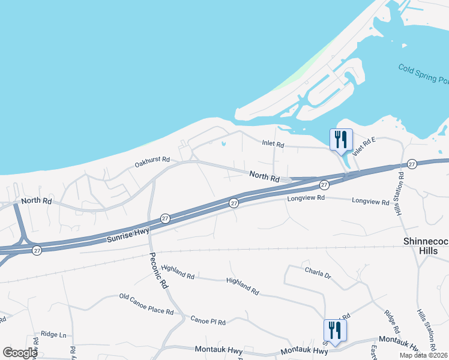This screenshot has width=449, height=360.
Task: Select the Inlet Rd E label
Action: (364, 147)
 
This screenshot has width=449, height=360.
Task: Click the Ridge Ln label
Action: (53, 334)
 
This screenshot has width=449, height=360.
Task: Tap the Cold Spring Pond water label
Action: (423, 76)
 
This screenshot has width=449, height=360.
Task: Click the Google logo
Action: (20, 353)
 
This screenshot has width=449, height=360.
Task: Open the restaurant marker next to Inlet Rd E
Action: (341, 140)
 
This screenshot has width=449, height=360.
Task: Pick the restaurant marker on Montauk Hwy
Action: (334, 331)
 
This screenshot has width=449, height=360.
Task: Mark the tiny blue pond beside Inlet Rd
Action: (223, 144)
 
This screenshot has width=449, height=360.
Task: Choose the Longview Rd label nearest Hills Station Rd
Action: (370, 202)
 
